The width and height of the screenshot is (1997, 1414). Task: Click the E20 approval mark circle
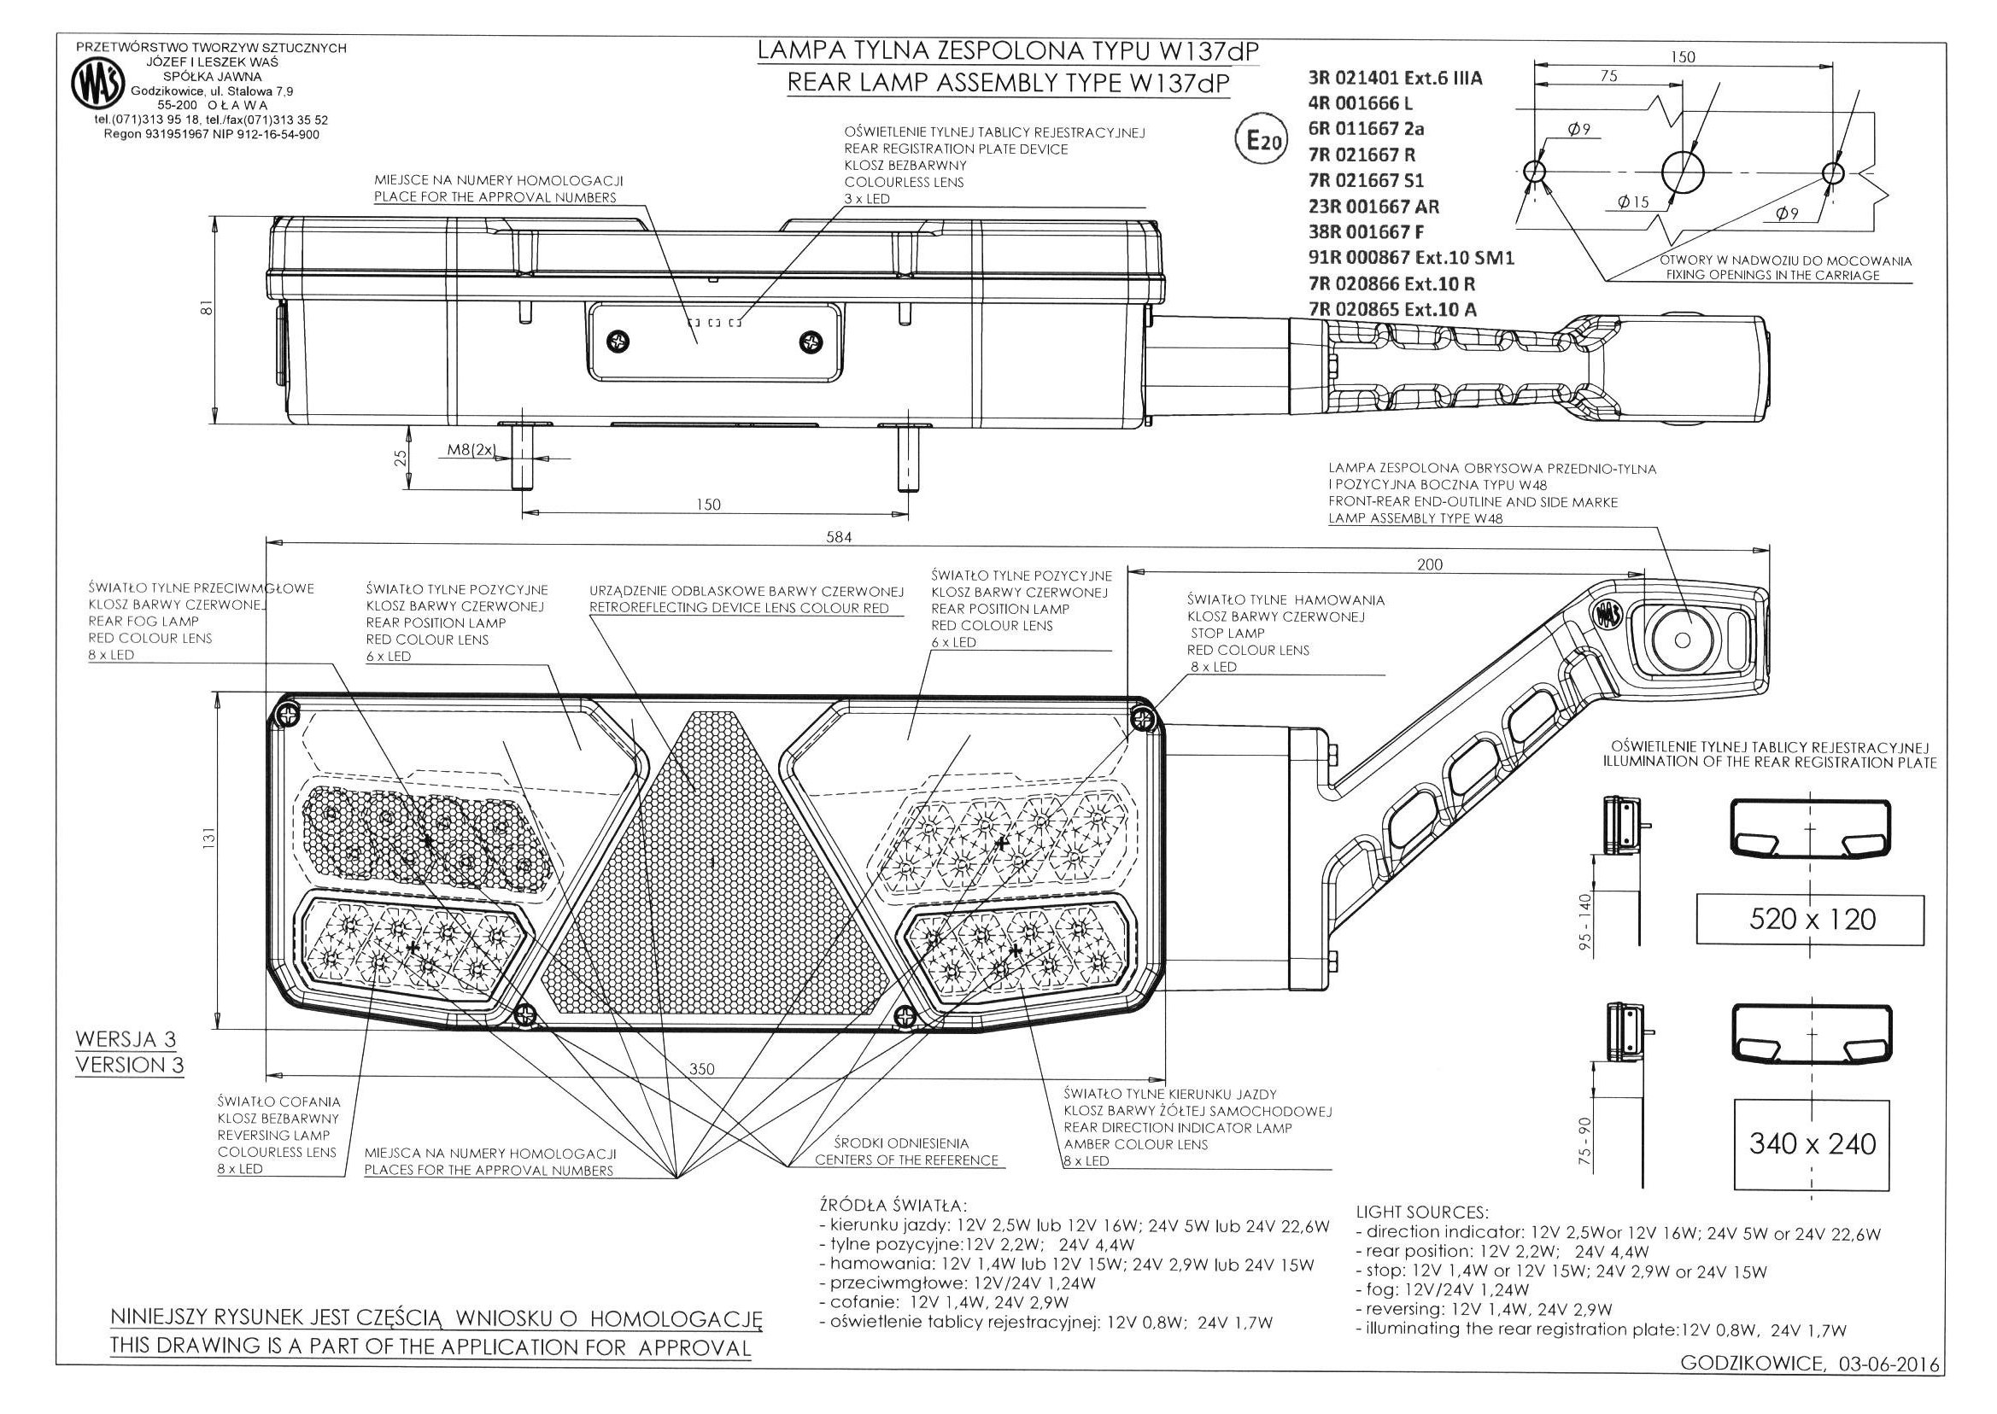click(x=1260, y=140)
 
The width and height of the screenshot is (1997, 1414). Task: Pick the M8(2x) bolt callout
click(x=471, y=450)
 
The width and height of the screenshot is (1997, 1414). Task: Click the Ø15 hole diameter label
click(x=1633, y=203)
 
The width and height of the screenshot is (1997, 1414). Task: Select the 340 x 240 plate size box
click(x=1812, y=1143)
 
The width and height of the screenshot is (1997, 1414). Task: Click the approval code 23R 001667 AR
click(x=1373, y=207)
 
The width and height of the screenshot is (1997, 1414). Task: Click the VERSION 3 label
click(x=129, y=1065)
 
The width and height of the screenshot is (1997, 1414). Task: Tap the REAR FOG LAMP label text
click(x=143, y=622)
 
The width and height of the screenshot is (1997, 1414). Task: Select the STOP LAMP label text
click(x=1227, y=633)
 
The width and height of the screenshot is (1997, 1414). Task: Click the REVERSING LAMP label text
click(x=273, y=1136)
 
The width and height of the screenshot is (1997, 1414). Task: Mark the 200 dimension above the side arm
click(x=1429, y=564)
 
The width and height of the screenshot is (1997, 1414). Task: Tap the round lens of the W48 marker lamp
click(x=1682, y=640)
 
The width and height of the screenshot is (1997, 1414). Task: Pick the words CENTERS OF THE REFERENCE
click(x=906, y=1160)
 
